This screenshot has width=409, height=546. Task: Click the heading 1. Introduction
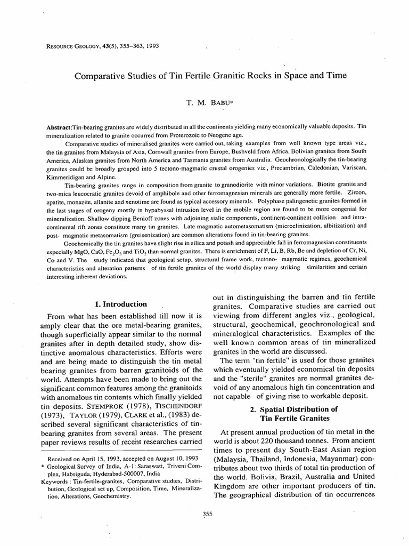(x=120, y=304)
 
